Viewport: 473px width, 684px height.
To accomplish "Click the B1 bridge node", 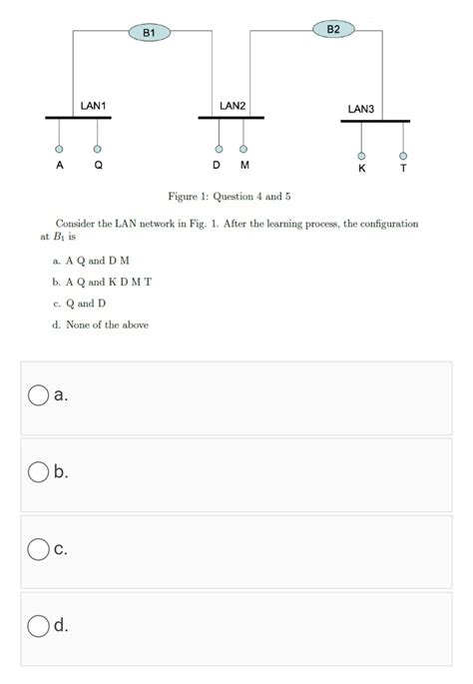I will (149, 33).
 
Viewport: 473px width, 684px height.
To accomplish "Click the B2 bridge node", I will (333, 30).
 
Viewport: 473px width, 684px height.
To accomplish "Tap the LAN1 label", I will (94, 105).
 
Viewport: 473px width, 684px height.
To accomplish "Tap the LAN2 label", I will (233, 105).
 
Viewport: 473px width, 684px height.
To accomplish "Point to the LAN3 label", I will (360, 108).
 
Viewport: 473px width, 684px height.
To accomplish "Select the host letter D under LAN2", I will (218, 165).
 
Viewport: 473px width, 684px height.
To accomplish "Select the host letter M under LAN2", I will (243, 165).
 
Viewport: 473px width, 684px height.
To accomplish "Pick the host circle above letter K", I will (361, 155).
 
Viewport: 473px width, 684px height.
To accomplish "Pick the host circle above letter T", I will (403, 155).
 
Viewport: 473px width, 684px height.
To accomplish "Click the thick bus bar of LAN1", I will (78, 118).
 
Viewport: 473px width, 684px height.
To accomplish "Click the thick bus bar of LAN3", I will (374, 121).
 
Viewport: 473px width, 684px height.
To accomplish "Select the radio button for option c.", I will (38, 548).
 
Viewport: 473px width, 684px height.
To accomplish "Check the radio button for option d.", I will (38, 625).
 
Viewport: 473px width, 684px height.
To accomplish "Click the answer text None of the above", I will (107, 325).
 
